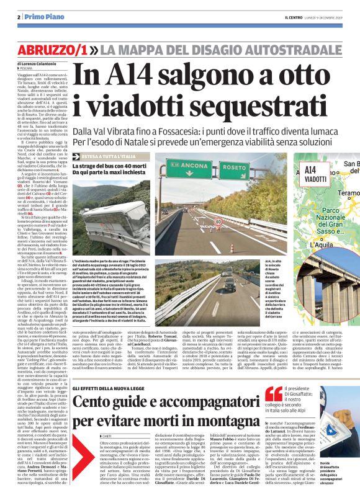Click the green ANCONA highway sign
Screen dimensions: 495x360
tap(186, 166)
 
